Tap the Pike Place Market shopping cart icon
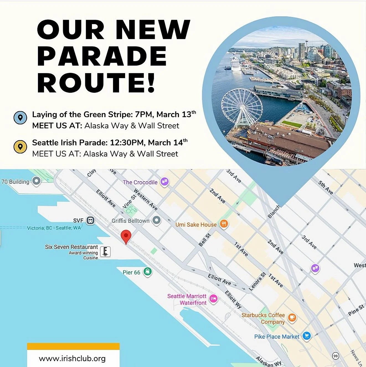coord(306,336)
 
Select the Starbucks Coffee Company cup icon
coord(292,317)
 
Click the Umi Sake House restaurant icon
coord(224,224)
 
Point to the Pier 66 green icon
coord(148,271)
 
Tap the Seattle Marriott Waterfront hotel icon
coord(213,299)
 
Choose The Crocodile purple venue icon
coord(164,182)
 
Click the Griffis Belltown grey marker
coord(157,220)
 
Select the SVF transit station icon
coord(90,220)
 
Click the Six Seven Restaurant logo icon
coord(105,251)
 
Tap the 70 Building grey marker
coord(36,181)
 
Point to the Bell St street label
coord(205,240)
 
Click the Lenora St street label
coord(257,282)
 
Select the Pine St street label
coord(356,310)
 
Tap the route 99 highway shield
coord(336,356)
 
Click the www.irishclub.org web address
coord(72,359)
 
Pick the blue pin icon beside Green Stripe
coord(20,117)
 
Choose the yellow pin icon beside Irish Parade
coord(20,147)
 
